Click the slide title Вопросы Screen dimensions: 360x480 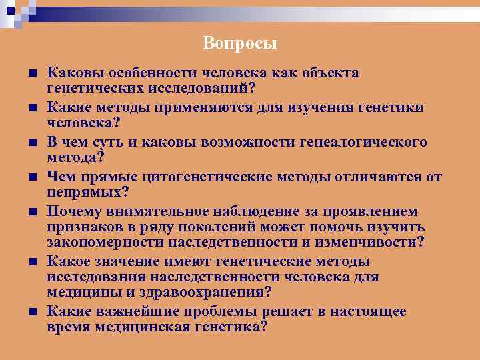click(x=240, y=44)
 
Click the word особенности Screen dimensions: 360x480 click(x=142, y=73)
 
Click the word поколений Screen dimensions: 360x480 click(x=200, y=227)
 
